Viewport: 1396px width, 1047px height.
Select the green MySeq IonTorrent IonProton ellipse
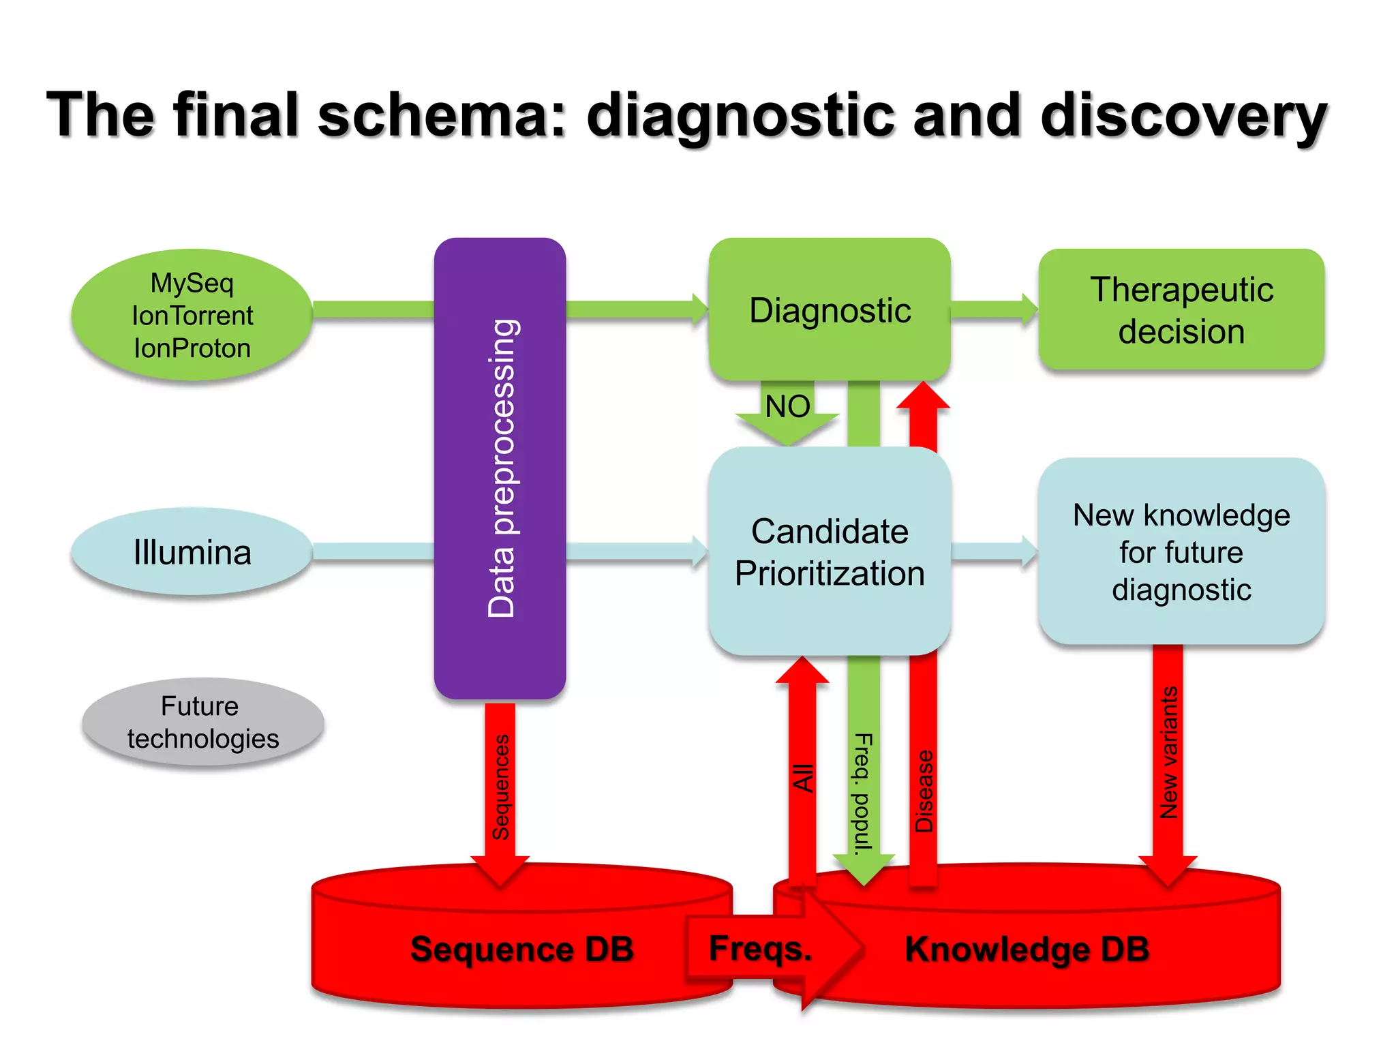tap(192, 315)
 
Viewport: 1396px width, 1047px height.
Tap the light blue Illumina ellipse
tap(192, 552)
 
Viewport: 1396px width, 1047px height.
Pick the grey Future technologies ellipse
tap(202, 723)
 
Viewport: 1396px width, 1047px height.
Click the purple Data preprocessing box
tap(500, 468)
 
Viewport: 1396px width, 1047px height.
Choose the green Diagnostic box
tap(830, 310)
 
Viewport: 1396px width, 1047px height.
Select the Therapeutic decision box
tap(1181, 310)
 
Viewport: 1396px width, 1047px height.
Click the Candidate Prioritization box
tap(830, 552)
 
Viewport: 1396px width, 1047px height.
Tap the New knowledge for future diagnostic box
tap(1181, 552)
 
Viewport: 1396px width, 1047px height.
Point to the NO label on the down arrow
tap(787, 407)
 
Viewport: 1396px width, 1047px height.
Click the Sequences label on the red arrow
tap(501, 787)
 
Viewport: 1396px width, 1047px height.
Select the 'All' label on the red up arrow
tap(804, 778)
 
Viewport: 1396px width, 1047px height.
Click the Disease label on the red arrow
tap(924, 791)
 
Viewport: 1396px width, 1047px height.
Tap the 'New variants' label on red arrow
tap(1169, 753)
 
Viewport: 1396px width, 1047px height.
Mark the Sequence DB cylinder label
tap(521, 949)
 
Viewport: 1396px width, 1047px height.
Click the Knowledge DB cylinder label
tap(1027, 949)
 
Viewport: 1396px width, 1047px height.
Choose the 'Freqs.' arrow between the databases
tap(761, 948)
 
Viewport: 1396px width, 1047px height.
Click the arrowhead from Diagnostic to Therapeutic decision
tap(1028, 310)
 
